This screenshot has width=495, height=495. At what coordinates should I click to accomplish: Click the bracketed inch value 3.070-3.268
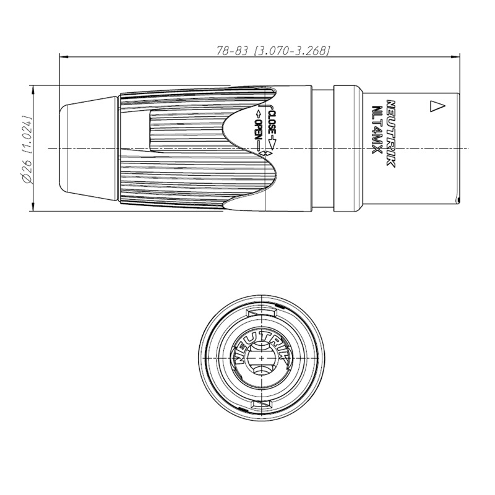(291, 50)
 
